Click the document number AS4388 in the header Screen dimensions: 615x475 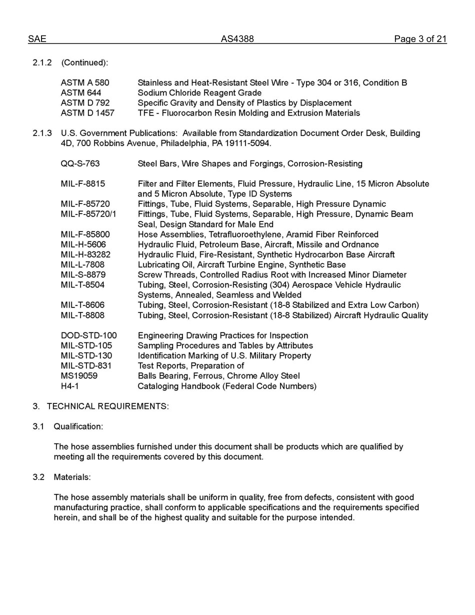[237, 39]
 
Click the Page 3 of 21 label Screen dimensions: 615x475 [420, 39]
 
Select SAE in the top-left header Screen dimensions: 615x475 [37, 39]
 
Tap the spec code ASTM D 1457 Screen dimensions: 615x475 [87, 113]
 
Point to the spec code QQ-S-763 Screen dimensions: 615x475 [80, 163]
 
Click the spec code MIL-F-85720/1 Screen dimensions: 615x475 [88, 214]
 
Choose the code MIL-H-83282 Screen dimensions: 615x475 [85, 254]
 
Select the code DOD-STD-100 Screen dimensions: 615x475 [88, 335]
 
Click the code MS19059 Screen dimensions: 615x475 [79, 375]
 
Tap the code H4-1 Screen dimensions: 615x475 [70, 386]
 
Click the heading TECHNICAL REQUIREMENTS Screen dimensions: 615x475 [107, 406]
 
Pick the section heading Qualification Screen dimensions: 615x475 [78, 426]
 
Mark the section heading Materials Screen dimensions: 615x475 [72, 477]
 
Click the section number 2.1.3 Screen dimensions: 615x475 [42, 133]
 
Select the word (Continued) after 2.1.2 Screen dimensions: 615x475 [84, 62]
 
